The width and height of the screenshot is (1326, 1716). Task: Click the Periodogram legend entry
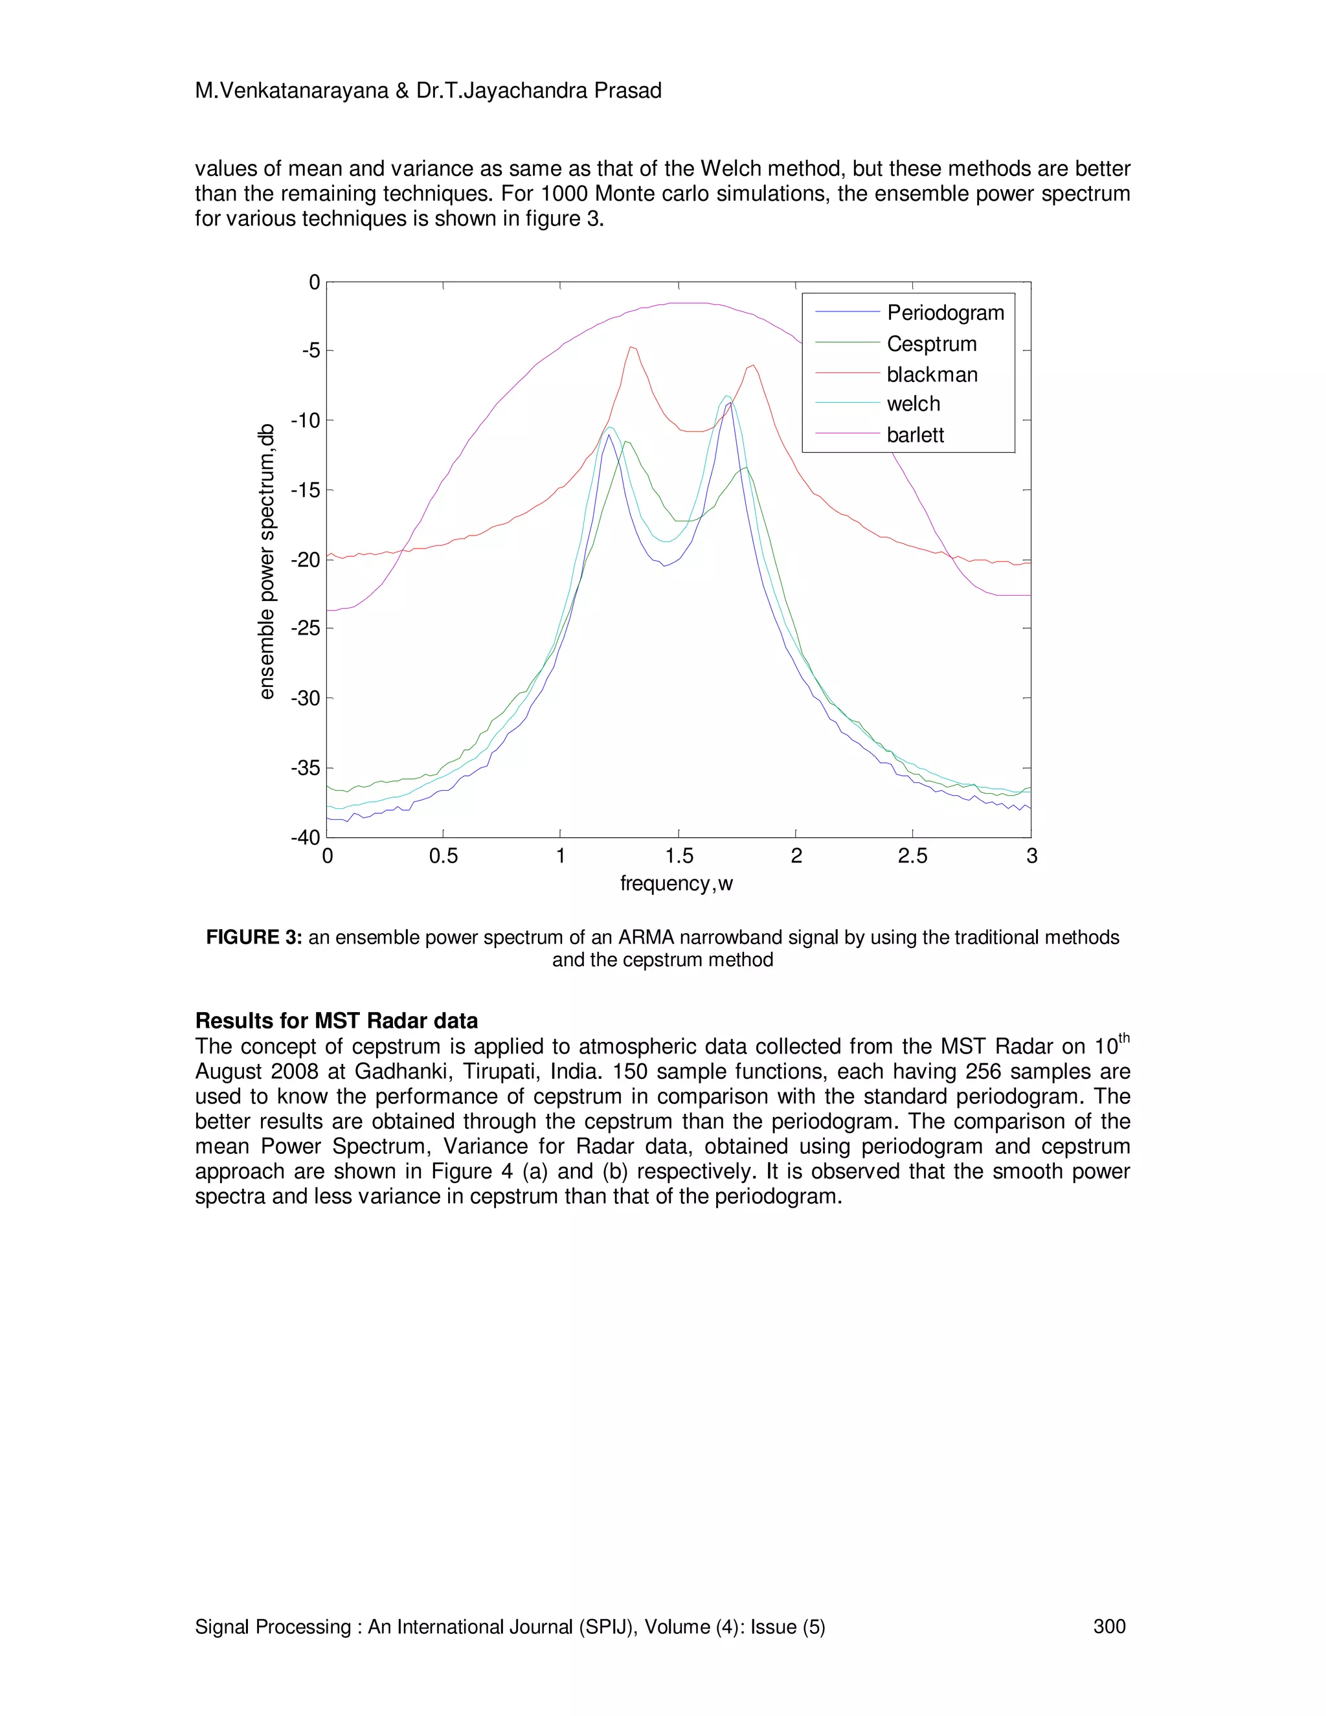coord(945,313)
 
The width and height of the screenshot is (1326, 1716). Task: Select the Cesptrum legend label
coord(932,344)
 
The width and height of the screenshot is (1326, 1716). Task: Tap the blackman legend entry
coord(932,375)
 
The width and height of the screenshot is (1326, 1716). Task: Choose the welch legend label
coord(913,404)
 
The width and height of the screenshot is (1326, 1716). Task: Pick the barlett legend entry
coord(915,435)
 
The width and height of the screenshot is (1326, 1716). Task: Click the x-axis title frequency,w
coord(677,884)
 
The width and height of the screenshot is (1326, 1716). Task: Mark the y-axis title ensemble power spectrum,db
coord(267,561)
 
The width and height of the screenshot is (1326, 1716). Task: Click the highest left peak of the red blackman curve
coord(631,346)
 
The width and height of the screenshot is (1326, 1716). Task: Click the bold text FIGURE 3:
coord(254,938)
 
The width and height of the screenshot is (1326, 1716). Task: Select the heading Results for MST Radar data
coord(336,1021)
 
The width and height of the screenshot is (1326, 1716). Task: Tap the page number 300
coord(1109,1627)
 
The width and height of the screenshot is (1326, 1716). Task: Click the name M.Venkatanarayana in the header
coord(291,91)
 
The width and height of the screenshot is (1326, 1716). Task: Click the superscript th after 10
coord(1123,1039)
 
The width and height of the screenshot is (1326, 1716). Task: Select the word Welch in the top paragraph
coord(730,169)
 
